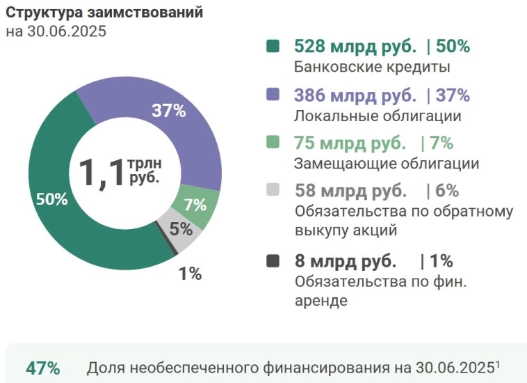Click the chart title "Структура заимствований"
click(104, 13)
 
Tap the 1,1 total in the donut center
click(100, 172)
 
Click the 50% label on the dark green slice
click(51, 199)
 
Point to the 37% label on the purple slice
click(168, 110)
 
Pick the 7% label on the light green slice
click(195, 205)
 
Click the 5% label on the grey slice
click(181, 228)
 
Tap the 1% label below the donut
click(190, 274)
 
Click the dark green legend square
click(273, 47)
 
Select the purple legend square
click(273, 95)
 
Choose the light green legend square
click(273, 143)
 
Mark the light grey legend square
click(273, 190)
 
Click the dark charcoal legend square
click(273, 261)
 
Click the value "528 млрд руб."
click(355, 47)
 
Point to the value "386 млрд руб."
click(355, 95)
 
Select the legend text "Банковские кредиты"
click(372, 68)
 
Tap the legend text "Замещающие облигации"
click(387, 164)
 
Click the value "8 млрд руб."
click(346, 261)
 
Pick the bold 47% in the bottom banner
click(42, 368)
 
